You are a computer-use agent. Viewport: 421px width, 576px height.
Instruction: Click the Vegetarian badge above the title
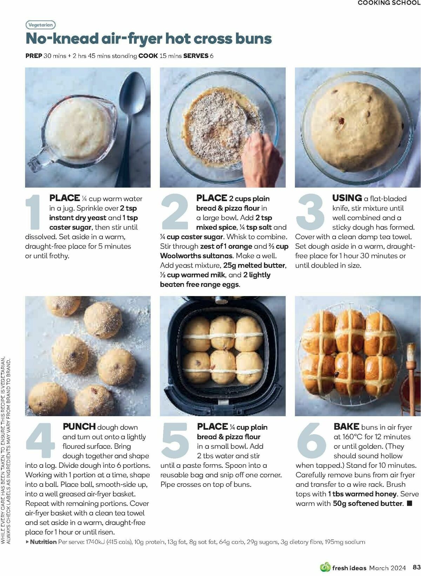click(x=41, y=25)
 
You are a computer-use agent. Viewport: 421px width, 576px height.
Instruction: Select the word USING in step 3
click(x=347, y=198)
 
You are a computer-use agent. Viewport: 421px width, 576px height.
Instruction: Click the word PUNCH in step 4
click(x=79, y=427)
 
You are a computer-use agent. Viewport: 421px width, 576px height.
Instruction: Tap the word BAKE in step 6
click(x=346, y=427)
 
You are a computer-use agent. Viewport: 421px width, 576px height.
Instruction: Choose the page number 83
click(x=416, y=568)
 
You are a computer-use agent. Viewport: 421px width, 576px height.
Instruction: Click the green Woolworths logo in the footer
click(x=325, y=567)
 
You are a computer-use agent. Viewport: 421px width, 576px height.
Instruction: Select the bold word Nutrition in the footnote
click(x=43, y=542)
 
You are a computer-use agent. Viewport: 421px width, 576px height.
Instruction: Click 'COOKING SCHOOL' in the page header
click(x=389, y=3)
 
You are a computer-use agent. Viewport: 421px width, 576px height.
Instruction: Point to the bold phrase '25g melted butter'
click(x=254, y=266)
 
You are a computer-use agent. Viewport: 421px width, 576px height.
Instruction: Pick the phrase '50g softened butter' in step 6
click(x=367, y=504)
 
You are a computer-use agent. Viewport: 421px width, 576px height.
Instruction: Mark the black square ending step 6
click(x=409, y=504)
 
